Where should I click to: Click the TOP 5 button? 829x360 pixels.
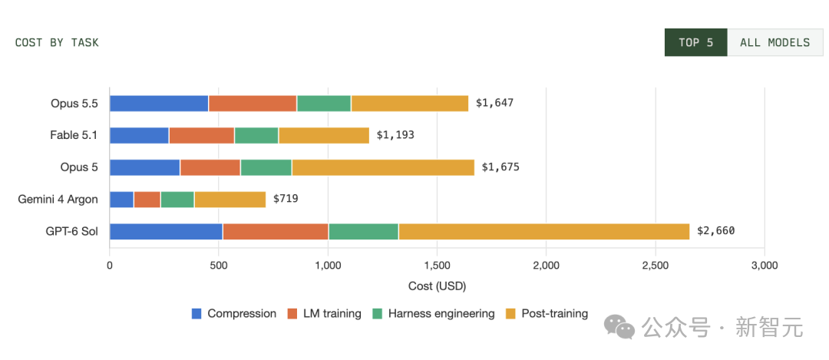click(695, 42)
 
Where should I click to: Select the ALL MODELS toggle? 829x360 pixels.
click(775, 42)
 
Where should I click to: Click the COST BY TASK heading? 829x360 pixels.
click(57, 43)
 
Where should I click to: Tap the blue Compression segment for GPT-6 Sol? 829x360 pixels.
click(166, 232)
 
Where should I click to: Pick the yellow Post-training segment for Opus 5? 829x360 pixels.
click(383, 167)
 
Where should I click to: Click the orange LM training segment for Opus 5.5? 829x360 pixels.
click(253, 104)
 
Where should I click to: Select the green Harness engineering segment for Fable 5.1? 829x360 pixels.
click(256, 135)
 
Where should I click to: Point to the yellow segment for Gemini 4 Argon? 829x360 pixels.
click(230, 200)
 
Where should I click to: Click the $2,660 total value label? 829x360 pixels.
click(716, 231)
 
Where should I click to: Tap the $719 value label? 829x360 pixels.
click(286, 200)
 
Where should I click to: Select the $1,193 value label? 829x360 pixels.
click(395, 135)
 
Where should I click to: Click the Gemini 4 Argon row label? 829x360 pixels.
click(58, 200)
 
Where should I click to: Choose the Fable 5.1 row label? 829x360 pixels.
click(74, 135)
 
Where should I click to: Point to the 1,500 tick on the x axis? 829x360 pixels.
click(437, 266)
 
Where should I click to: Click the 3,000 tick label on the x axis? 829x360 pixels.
click(765, 266)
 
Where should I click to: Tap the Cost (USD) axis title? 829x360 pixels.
click(437, 286)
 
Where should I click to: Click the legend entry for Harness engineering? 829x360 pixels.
click(434, 313)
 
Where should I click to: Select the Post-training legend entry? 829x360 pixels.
click(547, 313)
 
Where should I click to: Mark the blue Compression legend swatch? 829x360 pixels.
click(197, 313)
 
